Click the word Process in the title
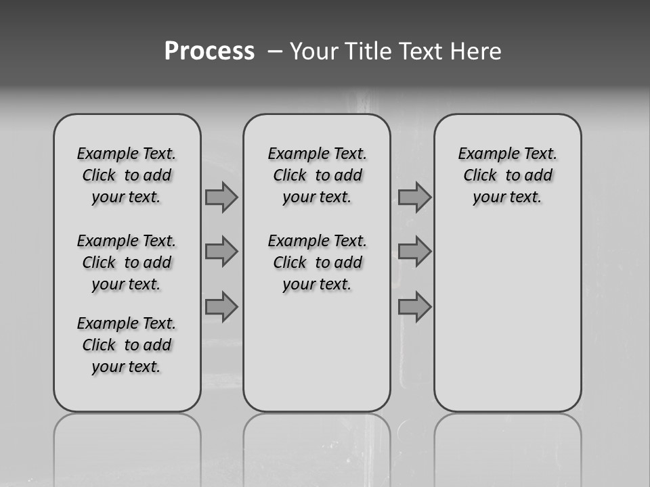click(209, 51)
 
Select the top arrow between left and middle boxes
click(221, 197)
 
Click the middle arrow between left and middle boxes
click(221, 252)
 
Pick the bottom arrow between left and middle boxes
click(221, 307)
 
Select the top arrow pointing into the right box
click(414, 197)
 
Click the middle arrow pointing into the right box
click(414, 252)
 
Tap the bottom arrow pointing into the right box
click(414, 307)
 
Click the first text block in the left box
click(127, 175)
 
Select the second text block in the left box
click(127, 262)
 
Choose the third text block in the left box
click(127, 345)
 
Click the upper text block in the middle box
click(317, 175)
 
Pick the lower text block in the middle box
click(317, 262)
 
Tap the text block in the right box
click(507, 175)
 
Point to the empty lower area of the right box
click(507, 318)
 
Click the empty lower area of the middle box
click(317, 352)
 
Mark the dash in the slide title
click(276, 51)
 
